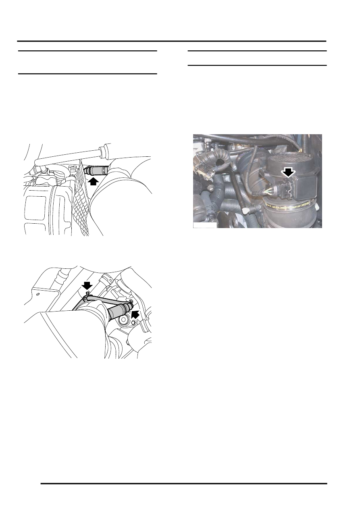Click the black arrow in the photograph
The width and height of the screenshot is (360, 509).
(288, 172)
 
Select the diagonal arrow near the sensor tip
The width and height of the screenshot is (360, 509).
(137, 313)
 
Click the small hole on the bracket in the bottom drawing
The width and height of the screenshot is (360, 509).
(37, 294)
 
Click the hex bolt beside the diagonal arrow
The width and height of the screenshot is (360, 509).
(134, 322)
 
